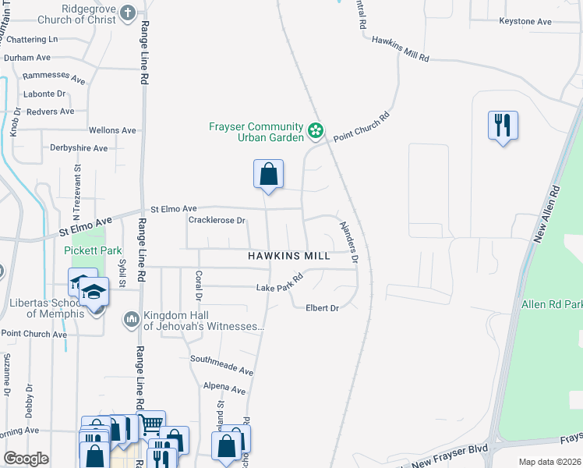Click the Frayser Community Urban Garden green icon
[316, 130]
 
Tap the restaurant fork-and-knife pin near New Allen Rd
[503, 125]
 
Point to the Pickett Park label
[94, 251]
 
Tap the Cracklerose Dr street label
[217, 221]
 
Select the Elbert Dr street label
[322, 308]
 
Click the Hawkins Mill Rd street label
[401, 48]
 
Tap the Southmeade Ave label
[222, 365]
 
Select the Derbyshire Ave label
[79, 148]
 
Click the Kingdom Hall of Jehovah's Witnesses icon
[130, 319]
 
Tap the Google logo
[26, 459]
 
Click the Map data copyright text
[549, 462]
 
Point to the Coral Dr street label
[199, 285]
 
